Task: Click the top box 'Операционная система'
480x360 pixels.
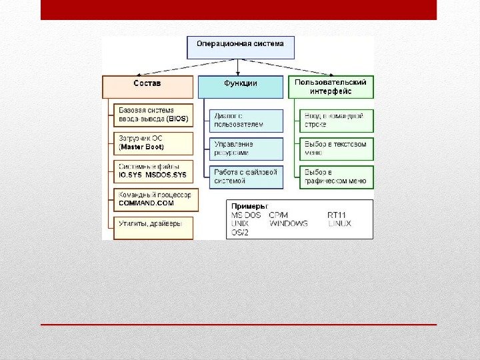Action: click(239, 45)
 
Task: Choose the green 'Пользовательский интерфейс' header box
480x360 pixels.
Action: click(331, 86)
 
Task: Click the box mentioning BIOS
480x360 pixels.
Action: click(154, 115)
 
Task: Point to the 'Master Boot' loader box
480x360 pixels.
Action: click(154, 143)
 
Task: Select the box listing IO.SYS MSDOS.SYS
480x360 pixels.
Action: click(154, 171)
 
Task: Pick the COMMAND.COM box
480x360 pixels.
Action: click(154, 198)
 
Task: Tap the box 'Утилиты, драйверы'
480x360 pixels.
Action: click(154, 226)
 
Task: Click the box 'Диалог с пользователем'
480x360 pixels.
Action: click(245, 120)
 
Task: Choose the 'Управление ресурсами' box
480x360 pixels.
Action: click(245, 148)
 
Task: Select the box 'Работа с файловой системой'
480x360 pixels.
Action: click(245, 176)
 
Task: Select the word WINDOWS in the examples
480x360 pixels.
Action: click(289, 224)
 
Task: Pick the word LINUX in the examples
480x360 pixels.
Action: click(340, 224)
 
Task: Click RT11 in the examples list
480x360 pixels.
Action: click(337, 215)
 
